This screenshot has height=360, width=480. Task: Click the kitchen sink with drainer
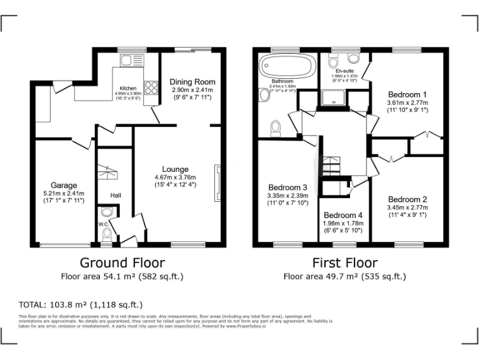[x=132, y=60]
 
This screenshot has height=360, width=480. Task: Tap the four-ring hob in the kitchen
[x=151, y=88]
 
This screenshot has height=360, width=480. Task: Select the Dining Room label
[x=192, y=82]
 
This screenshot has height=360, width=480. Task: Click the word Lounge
[x=175, y=169]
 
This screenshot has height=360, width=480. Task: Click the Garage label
[x=64, y=185]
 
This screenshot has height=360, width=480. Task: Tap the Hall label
[x=116, y=196]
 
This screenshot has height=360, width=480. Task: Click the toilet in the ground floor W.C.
[x=107, y=234]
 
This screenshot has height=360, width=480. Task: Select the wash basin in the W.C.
[x=106, y=212]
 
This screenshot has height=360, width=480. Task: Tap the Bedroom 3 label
[x=287, y=187]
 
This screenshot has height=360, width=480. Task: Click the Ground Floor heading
[x=122, y=262]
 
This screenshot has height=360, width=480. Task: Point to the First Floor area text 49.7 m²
[x=344, y=276]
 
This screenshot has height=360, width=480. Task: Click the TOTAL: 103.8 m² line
[x=81, y=305]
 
